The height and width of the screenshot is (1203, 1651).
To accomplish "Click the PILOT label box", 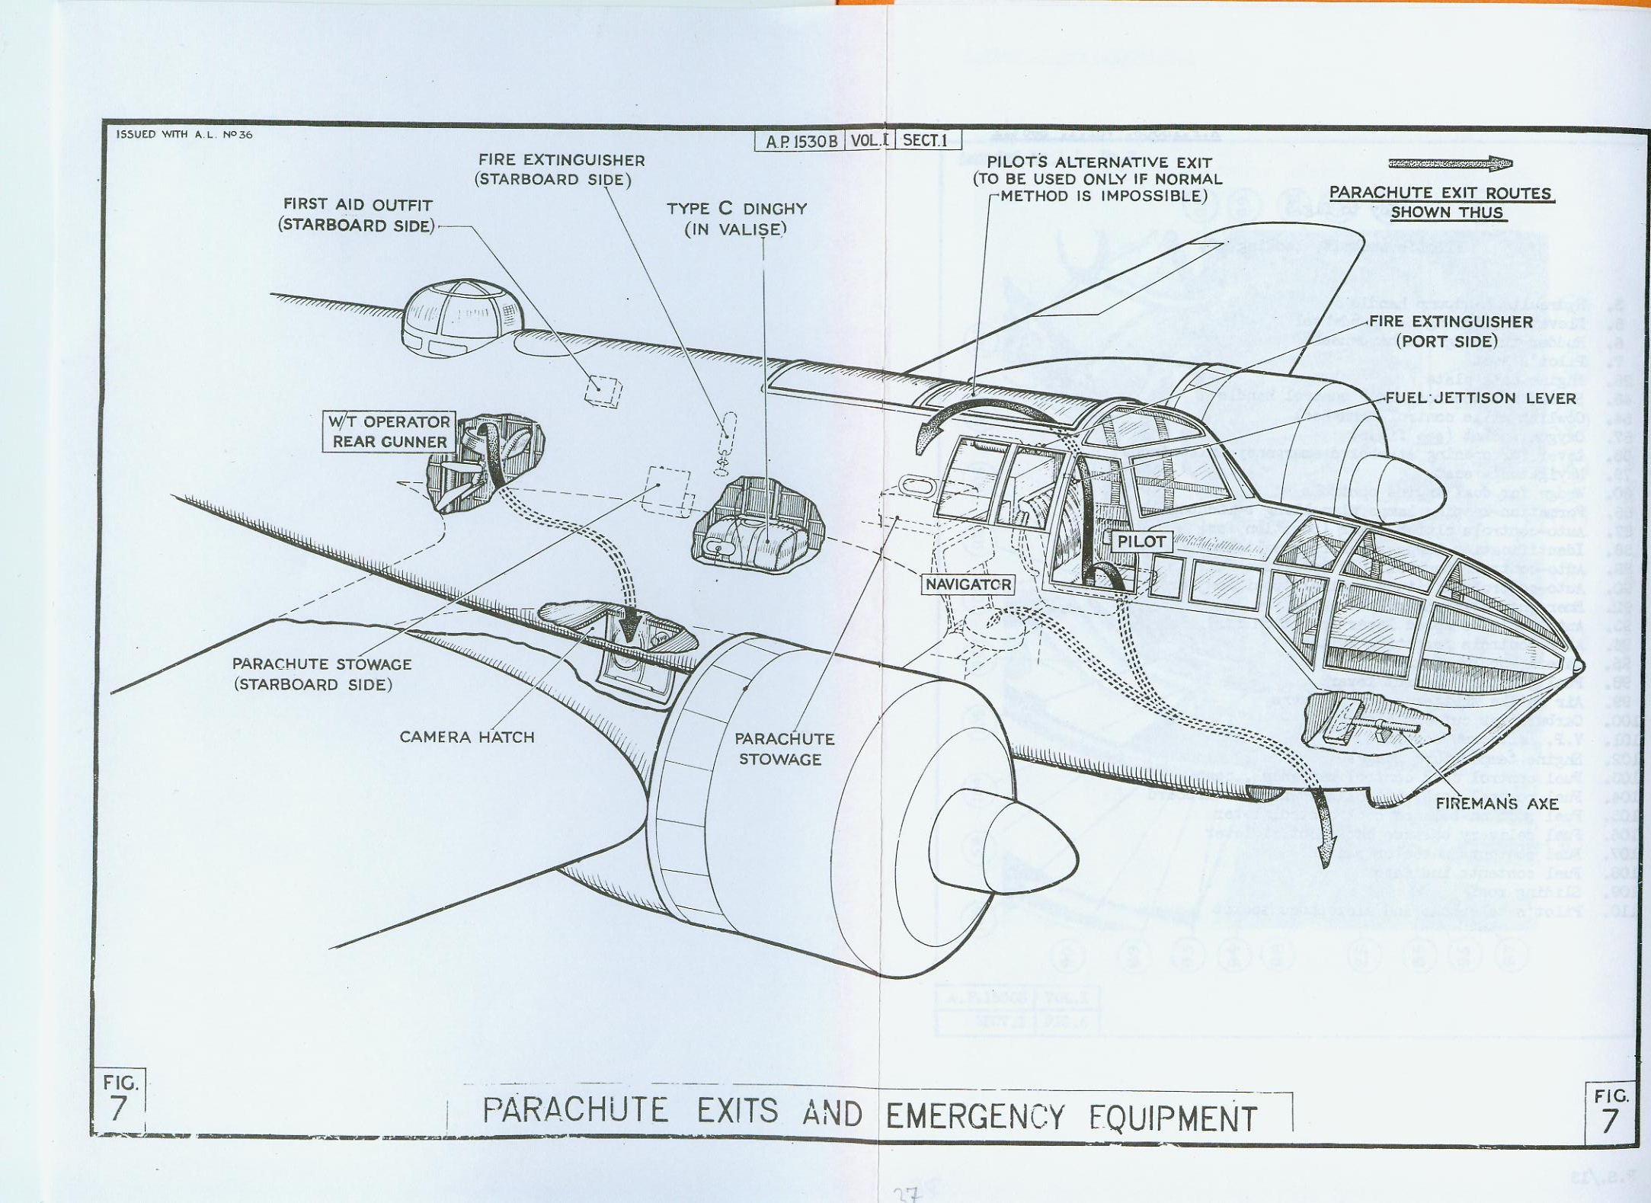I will pos(1141,542).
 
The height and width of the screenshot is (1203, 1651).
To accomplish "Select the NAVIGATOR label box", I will pos(968,584).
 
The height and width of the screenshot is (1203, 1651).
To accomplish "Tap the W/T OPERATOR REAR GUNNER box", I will pos(389,432).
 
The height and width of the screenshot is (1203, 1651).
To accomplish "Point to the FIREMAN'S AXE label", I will pos(1496,804).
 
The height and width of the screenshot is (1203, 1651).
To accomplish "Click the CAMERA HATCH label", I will pos(466,737).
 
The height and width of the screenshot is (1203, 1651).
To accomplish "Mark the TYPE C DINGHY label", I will pos(736,219).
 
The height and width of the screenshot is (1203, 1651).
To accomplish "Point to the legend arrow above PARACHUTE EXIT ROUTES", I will pos(1449,164).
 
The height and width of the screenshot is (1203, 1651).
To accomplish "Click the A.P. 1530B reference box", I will pos(800,141).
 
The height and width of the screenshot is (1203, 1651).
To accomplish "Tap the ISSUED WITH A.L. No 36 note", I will pos(184,135).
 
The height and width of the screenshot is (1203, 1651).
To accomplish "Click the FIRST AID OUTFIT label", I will pos(357,215).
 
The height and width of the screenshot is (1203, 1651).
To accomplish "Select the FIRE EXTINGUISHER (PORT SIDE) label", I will pos(1450,331).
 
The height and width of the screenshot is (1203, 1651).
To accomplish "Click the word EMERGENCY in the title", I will pos(974,1116).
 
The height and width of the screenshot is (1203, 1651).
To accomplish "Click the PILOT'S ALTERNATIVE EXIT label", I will pos(1098,179).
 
